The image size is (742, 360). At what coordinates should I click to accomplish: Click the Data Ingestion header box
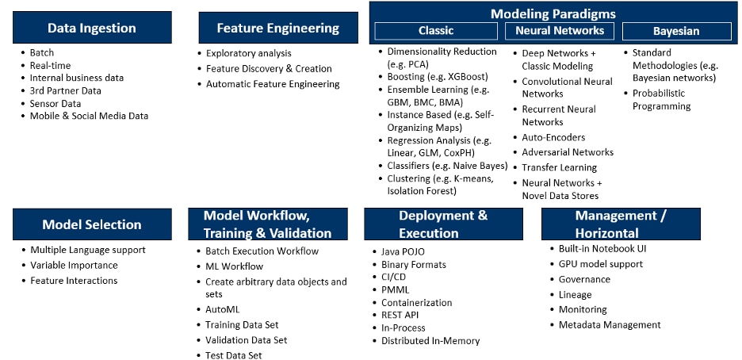coord(92,28)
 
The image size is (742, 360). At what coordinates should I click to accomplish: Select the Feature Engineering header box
coord(277,28)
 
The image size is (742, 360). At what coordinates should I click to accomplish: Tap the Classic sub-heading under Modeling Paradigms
coord(436,31)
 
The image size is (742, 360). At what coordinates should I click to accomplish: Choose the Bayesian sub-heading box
coord(676,31)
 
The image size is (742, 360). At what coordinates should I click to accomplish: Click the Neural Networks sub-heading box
coord(560,31)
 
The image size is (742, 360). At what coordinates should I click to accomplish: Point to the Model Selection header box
coord(92,224)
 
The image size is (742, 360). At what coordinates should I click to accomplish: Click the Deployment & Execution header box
coord(443,224)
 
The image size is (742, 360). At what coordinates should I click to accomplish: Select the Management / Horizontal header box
coord(621,224)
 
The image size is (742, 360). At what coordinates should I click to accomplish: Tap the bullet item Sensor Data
coord(55,103)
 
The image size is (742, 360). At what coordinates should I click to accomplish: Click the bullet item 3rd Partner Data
coord(66,90)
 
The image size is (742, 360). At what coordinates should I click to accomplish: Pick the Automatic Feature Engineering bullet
coord(273,84)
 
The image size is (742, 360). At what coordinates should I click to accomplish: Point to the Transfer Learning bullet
coord(559,167)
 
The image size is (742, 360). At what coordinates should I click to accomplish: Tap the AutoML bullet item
coord(222,309)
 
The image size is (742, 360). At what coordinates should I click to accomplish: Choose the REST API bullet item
coord(400,315)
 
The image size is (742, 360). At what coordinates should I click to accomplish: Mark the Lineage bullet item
coord(575,294)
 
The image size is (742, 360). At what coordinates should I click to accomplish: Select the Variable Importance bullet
coord(74,265)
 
